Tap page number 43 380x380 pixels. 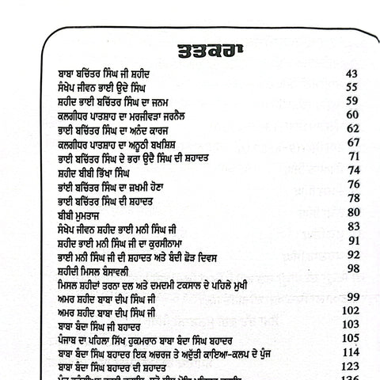351,74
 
